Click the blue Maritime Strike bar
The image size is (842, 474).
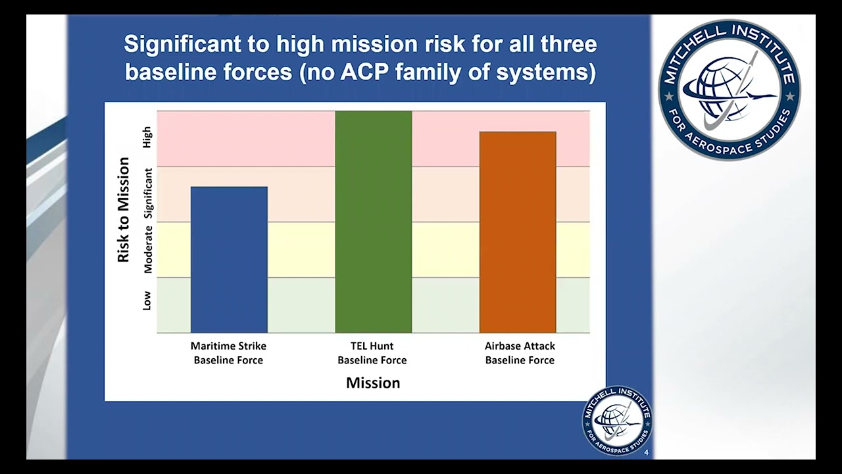(230, 259)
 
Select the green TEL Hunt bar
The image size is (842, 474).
(374, 222)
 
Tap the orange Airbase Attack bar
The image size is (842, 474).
(518, 232)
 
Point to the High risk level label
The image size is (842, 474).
(147, 138)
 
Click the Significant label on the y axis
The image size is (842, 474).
(148, 194)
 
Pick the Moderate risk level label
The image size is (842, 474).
(148, 250)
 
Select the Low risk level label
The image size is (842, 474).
(147, 301)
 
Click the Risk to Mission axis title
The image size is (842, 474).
(123, 210)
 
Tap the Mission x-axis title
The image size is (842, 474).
(373, 383)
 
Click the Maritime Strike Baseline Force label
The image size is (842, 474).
(228, 353)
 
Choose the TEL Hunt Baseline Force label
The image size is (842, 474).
(372, 353)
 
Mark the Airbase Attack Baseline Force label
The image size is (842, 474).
(520, 353)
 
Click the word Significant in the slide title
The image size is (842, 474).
(182, 44)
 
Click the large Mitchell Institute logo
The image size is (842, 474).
(730, 90)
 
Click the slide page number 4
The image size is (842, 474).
(646, 452)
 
